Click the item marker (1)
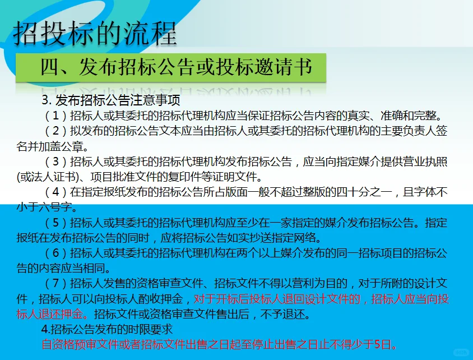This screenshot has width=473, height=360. [55, 116]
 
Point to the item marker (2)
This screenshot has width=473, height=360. [55, 131]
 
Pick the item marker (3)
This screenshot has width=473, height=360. [55, 162]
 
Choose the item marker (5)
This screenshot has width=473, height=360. [55, 223]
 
